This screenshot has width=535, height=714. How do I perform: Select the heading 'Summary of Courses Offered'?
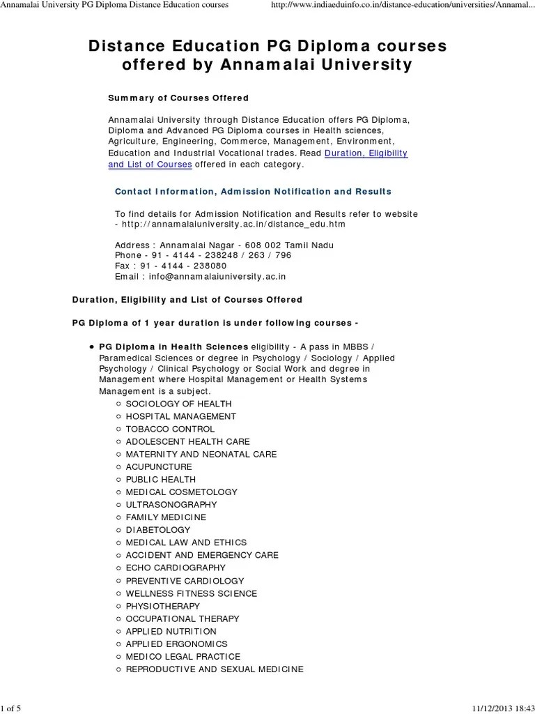(178, 98)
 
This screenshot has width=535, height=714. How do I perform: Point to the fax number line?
(171, 266)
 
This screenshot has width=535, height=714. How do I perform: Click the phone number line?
(203, 255)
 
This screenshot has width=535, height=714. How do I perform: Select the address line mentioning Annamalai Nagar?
(224, 245)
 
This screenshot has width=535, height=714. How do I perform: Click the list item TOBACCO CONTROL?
(170, 429)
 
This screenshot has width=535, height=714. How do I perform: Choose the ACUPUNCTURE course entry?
(159, 466)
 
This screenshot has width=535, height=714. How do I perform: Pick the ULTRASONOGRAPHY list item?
(171, 504)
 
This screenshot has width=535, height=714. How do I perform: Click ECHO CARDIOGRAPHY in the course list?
(176, 568)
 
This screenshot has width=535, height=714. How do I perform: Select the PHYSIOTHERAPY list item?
(163, 606)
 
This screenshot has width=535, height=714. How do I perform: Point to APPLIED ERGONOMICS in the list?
(176, 644)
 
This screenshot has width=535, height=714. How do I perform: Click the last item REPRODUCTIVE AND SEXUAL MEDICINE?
(215, 669)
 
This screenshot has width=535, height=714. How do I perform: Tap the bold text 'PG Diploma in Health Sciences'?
(173, 346)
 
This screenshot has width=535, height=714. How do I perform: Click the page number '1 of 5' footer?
(12, 708)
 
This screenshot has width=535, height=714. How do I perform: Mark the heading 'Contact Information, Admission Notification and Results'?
(253, 191)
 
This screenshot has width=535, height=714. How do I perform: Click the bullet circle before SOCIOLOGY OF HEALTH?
(119, 404)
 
